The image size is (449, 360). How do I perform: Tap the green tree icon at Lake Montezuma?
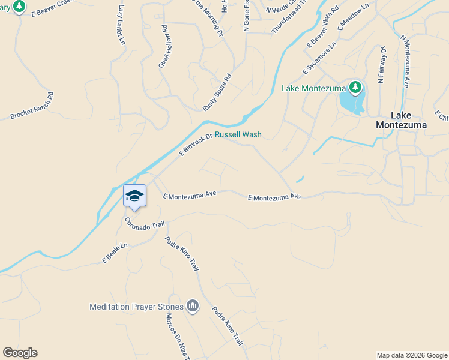click(x=355, y=88)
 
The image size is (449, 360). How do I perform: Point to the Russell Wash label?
click(x=238, y=135)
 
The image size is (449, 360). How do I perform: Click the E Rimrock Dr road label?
click(x=196, y=145)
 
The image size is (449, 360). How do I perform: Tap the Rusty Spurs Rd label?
click(x=217, y=92)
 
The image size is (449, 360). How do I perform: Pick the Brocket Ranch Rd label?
click(x=32, y=106)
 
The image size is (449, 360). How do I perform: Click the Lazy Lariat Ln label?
click(x=122, y=25)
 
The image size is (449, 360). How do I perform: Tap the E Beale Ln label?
click(x=115, y=253)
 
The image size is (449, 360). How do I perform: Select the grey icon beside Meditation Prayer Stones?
click(x=193, y=307)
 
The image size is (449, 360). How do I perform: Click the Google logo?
click(x=20, y=353)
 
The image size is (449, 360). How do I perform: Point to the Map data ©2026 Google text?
click(x=411, y=355)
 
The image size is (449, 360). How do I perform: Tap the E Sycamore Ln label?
click(x=319, y=59)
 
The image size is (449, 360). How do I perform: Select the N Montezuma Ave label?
click(x=405, y=62)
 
